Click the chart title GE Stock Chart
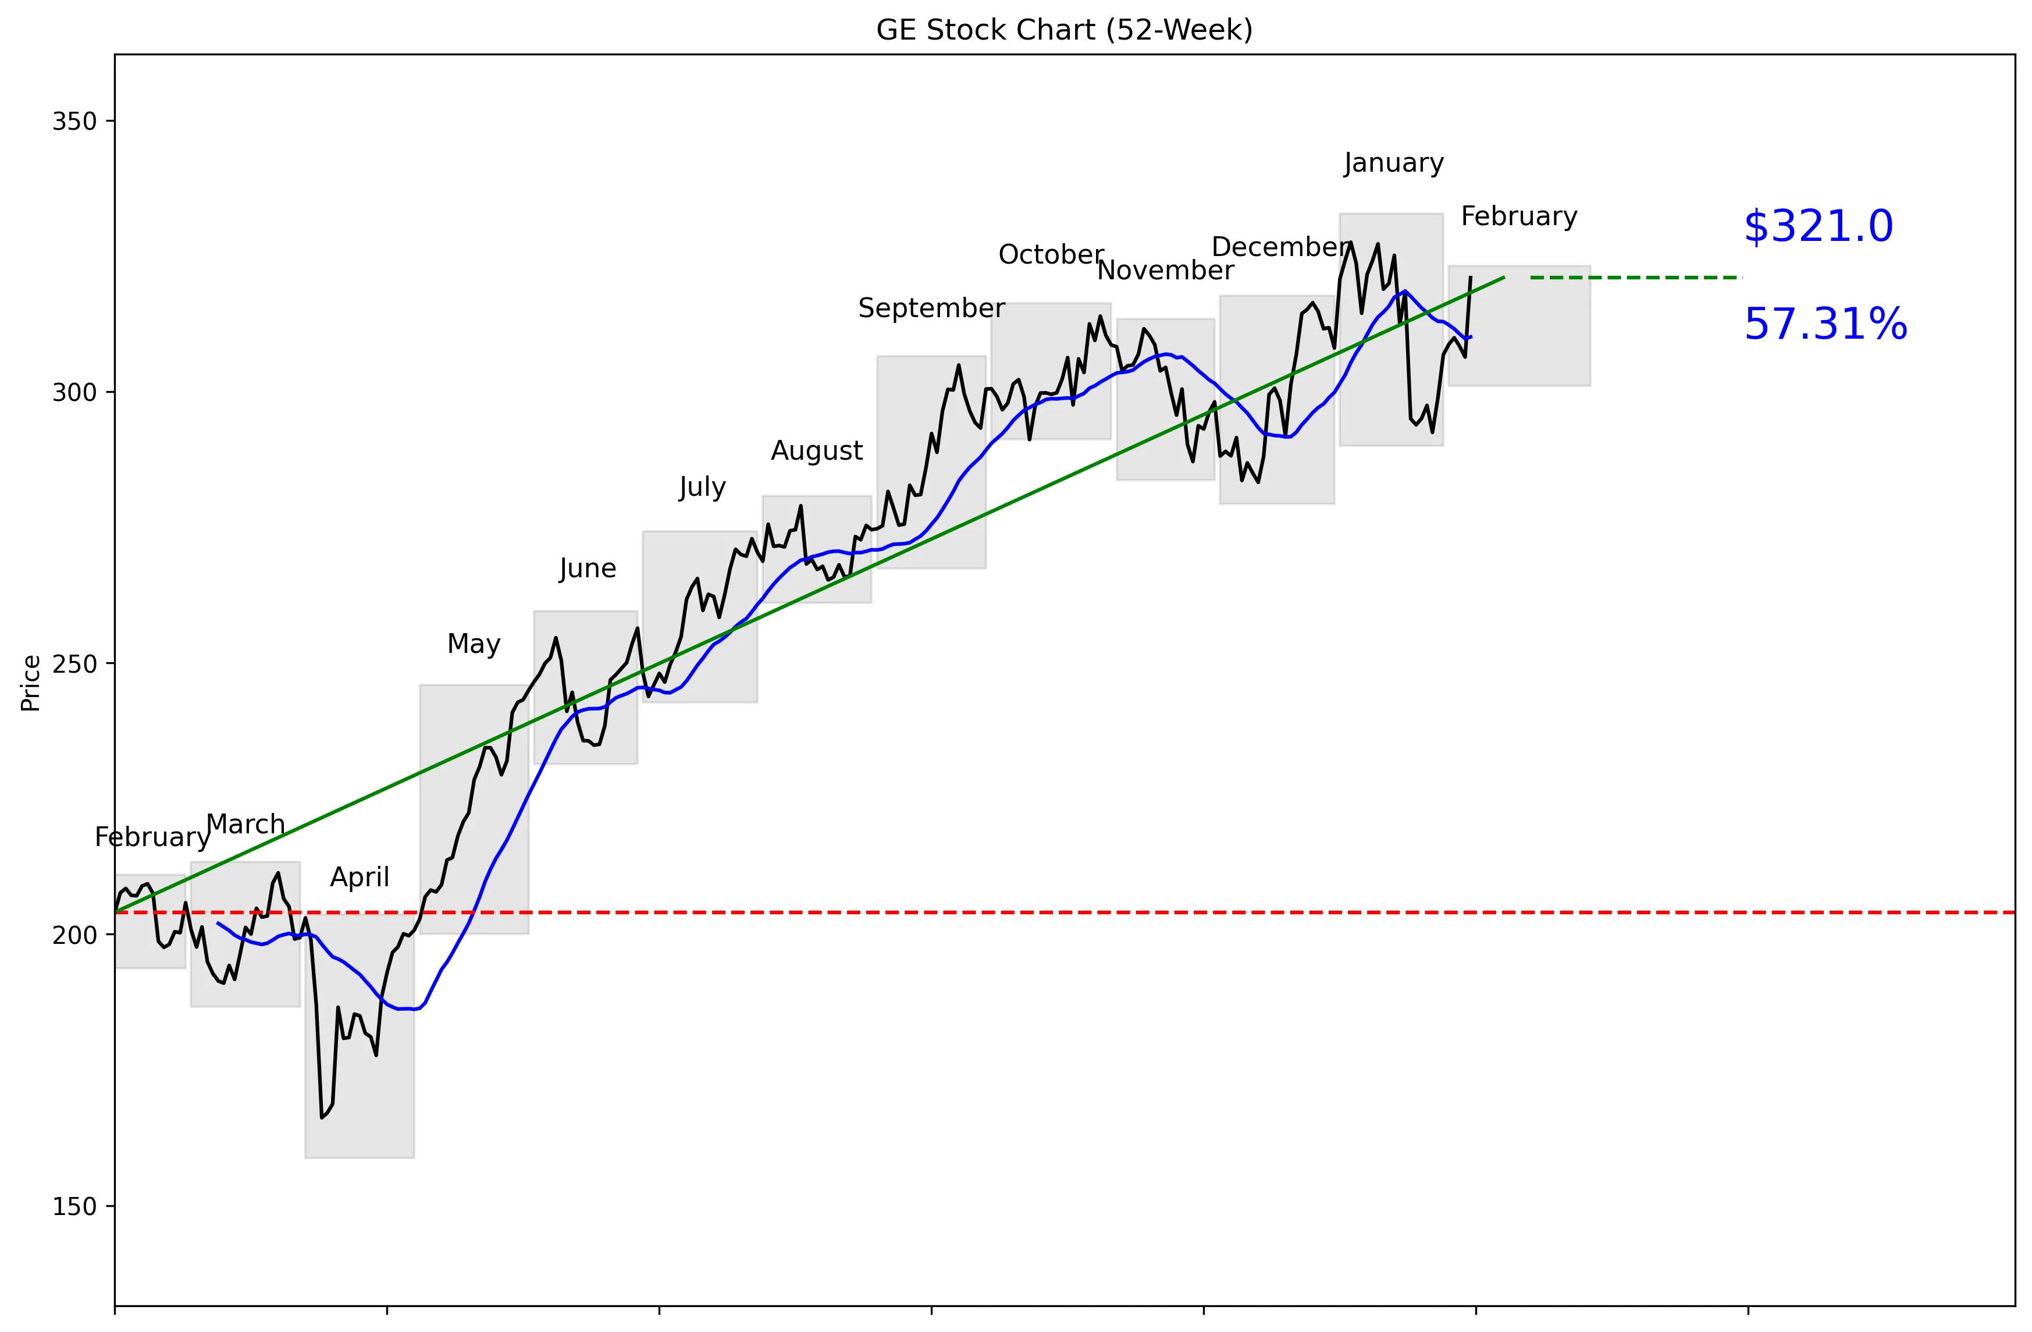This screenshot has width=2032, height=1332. click(1064, 30)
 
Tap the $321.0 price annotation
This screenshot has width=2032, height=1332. click(1818, 227)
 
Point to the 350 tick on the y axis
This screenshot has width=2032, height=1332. click(74, 121)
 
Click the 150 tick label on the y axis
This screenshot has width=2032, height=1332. click(74, 1206)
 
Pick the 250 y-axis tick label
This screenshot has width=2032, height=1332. click(74, 663)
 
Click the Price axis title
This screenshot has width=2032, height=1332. click(31, 683)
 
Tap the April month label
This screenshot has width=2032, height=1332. click(360, 877)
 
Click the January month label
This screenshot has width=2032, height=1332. click(1393, 162)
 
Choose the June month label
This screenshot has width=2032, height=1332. click(588, 568)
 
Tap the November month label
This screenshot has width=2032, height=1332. click(1165, 271)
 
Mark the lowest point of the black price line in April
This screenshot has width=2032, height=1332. click(322, 1117)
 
